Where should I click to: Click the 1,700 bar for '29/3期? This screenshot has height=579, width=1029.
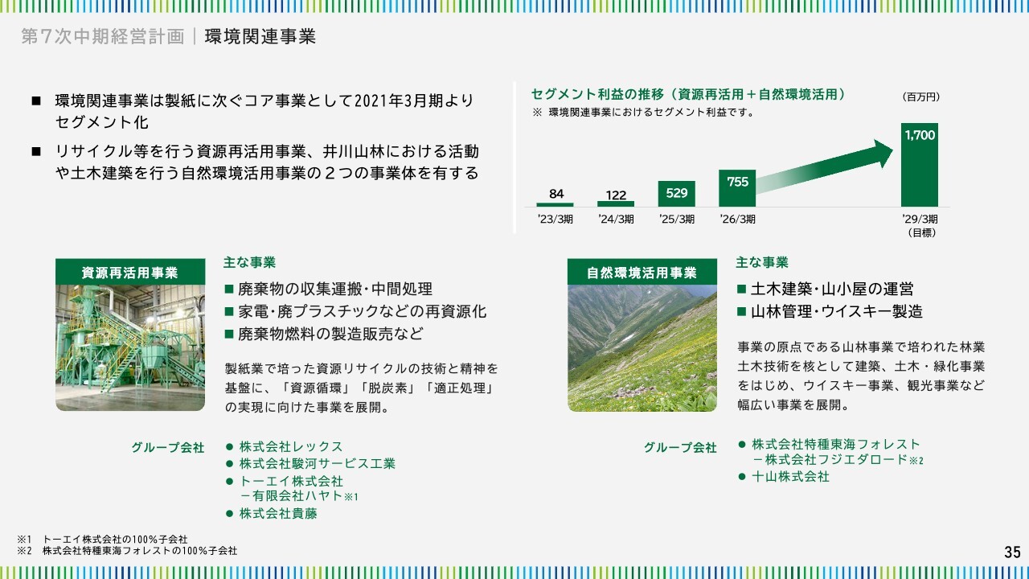[x=919, y=165]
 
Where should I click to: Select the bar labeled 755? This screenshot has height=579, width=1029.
[x=737, y=188]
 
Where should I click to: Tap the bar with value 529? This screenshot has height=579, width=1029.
[x=676, y=194]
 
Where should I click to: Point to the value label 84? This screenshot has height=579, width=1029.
[x=556, y=194]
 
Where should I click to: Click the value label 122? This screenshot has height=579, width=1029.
[x=616, y=195]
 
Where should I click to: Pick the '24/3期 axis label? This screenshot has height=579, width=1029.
[x=616, y=220]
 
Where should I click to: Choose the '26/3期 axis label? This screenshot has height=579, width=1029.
[x=737, y=220]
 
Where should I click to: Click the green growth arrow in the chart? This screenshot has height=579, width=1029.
[x=825, y=166]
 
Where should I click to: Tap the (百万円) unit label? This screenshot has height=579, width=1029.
[x=921, y=97]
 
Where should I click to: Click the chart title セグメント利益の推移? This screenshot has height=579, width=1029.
[x=597, y=94]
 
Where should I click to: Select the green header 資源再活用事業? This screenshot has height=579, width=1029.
[x=130, y=272]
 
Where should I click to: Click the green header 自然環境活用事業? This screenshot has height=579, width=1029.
[x=642, y=272]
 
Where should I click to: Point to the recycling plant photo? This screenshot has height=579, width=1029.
[x=130, y=347]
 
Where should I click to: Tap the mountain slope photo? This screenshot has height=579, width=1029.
[x=642, y=347]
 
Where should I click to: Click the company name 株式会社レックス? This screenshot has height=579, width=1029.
[x=291, y=446]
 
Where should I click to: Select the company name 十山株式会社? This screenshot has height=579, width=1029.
[x=790, y=477]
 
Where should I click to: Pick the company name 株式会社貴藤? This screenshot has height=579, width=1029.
[x=278, y=513]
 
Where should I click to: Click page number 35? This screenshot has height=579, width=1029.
[x=1012, y=552]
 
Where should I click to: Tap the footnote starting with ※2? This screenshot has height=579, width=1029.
[x=127, y=551]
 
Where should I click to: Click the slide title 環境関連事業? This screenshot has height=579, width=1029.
[x=260, y=37]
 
